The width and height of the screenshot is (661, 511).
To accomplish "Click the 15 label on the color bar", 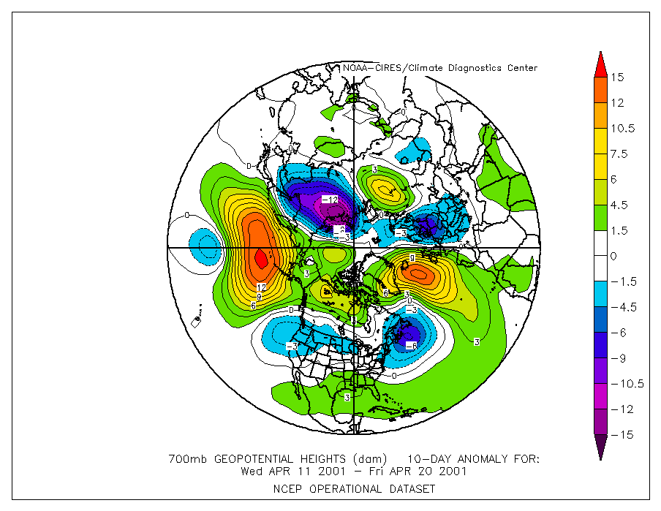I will point(619,77).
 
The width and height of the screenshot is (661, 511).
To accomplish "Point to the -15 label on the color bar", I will point(621,435).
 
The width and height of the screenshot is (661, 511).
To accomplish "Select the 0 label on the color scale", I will point(614,256).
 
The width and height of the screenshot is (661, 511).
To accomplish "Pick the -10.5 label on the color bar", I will point(625,384).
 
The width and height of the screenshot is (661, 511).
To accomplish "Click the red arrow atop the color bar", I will point(600,64).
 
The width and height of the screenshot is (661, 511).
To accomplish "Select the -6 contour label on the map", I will point(411,346).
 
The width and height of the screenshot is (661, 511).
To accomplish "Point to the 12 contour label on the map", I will point(261,287).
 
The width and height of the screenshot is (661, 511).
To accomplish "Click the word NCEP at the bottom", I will point(287,488).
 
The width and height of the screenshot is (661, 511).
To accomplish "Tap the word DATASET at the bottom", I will point(413,488).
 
